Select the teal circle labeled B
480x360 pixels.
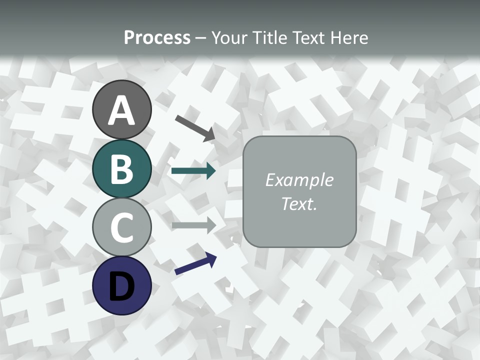point(122,168)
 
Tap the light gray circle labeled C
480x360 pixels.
point(122,227)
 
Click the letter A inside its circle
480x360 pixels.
point(122,111)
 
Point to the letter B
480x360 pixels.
point(122,169)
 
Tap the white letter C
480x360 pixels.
point(122,228)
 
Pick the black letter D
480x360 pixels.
point(122,286)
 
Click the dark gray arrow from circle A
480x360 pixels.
point(195,128)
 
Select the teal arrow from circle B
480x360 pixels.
point(193,171)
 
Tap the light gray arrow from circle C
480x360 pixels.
point(193,225)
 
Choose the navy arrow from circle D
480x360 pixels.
point(195,264)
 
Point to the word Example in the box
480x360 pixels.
point(299,180)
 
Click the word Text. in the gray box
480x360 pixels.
point(299,204)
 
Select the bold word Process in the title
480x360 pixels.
point(157,38)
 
